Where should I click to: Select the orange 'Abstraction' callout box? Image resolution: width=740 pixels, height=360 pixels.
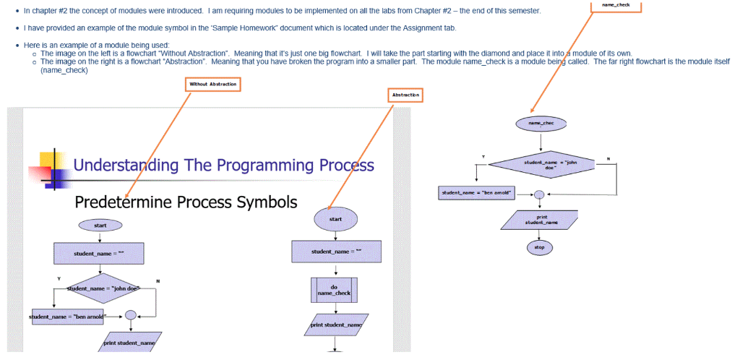point(405,95)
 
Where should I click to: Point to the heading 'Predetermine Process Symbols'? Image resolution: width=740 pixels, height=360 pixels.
point(186,202)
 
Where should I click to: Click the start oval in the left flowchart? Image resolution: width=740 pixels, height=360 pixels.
point(100,226)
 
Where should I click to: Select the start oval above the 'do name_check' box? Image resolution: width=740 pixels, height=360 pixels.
point(335,218)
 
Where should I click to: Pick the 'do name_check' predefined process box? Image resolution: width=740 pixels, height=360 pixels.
point(334,290)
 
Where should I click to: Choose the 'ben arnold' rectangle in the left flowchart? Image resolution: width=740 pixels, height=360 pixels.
point(68,317)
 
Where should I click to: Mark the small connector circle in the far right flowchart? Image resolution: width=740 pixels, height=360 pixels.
point(538,194)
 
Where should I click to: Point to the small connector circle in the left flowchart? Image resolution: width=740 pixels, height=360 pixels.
point(130,315)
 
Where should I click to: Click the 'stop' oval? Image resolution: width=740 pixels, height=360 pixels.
point(539,247)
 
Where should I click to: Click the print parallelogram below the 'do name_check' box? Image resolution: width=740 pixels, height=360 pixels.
point(336,325)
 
